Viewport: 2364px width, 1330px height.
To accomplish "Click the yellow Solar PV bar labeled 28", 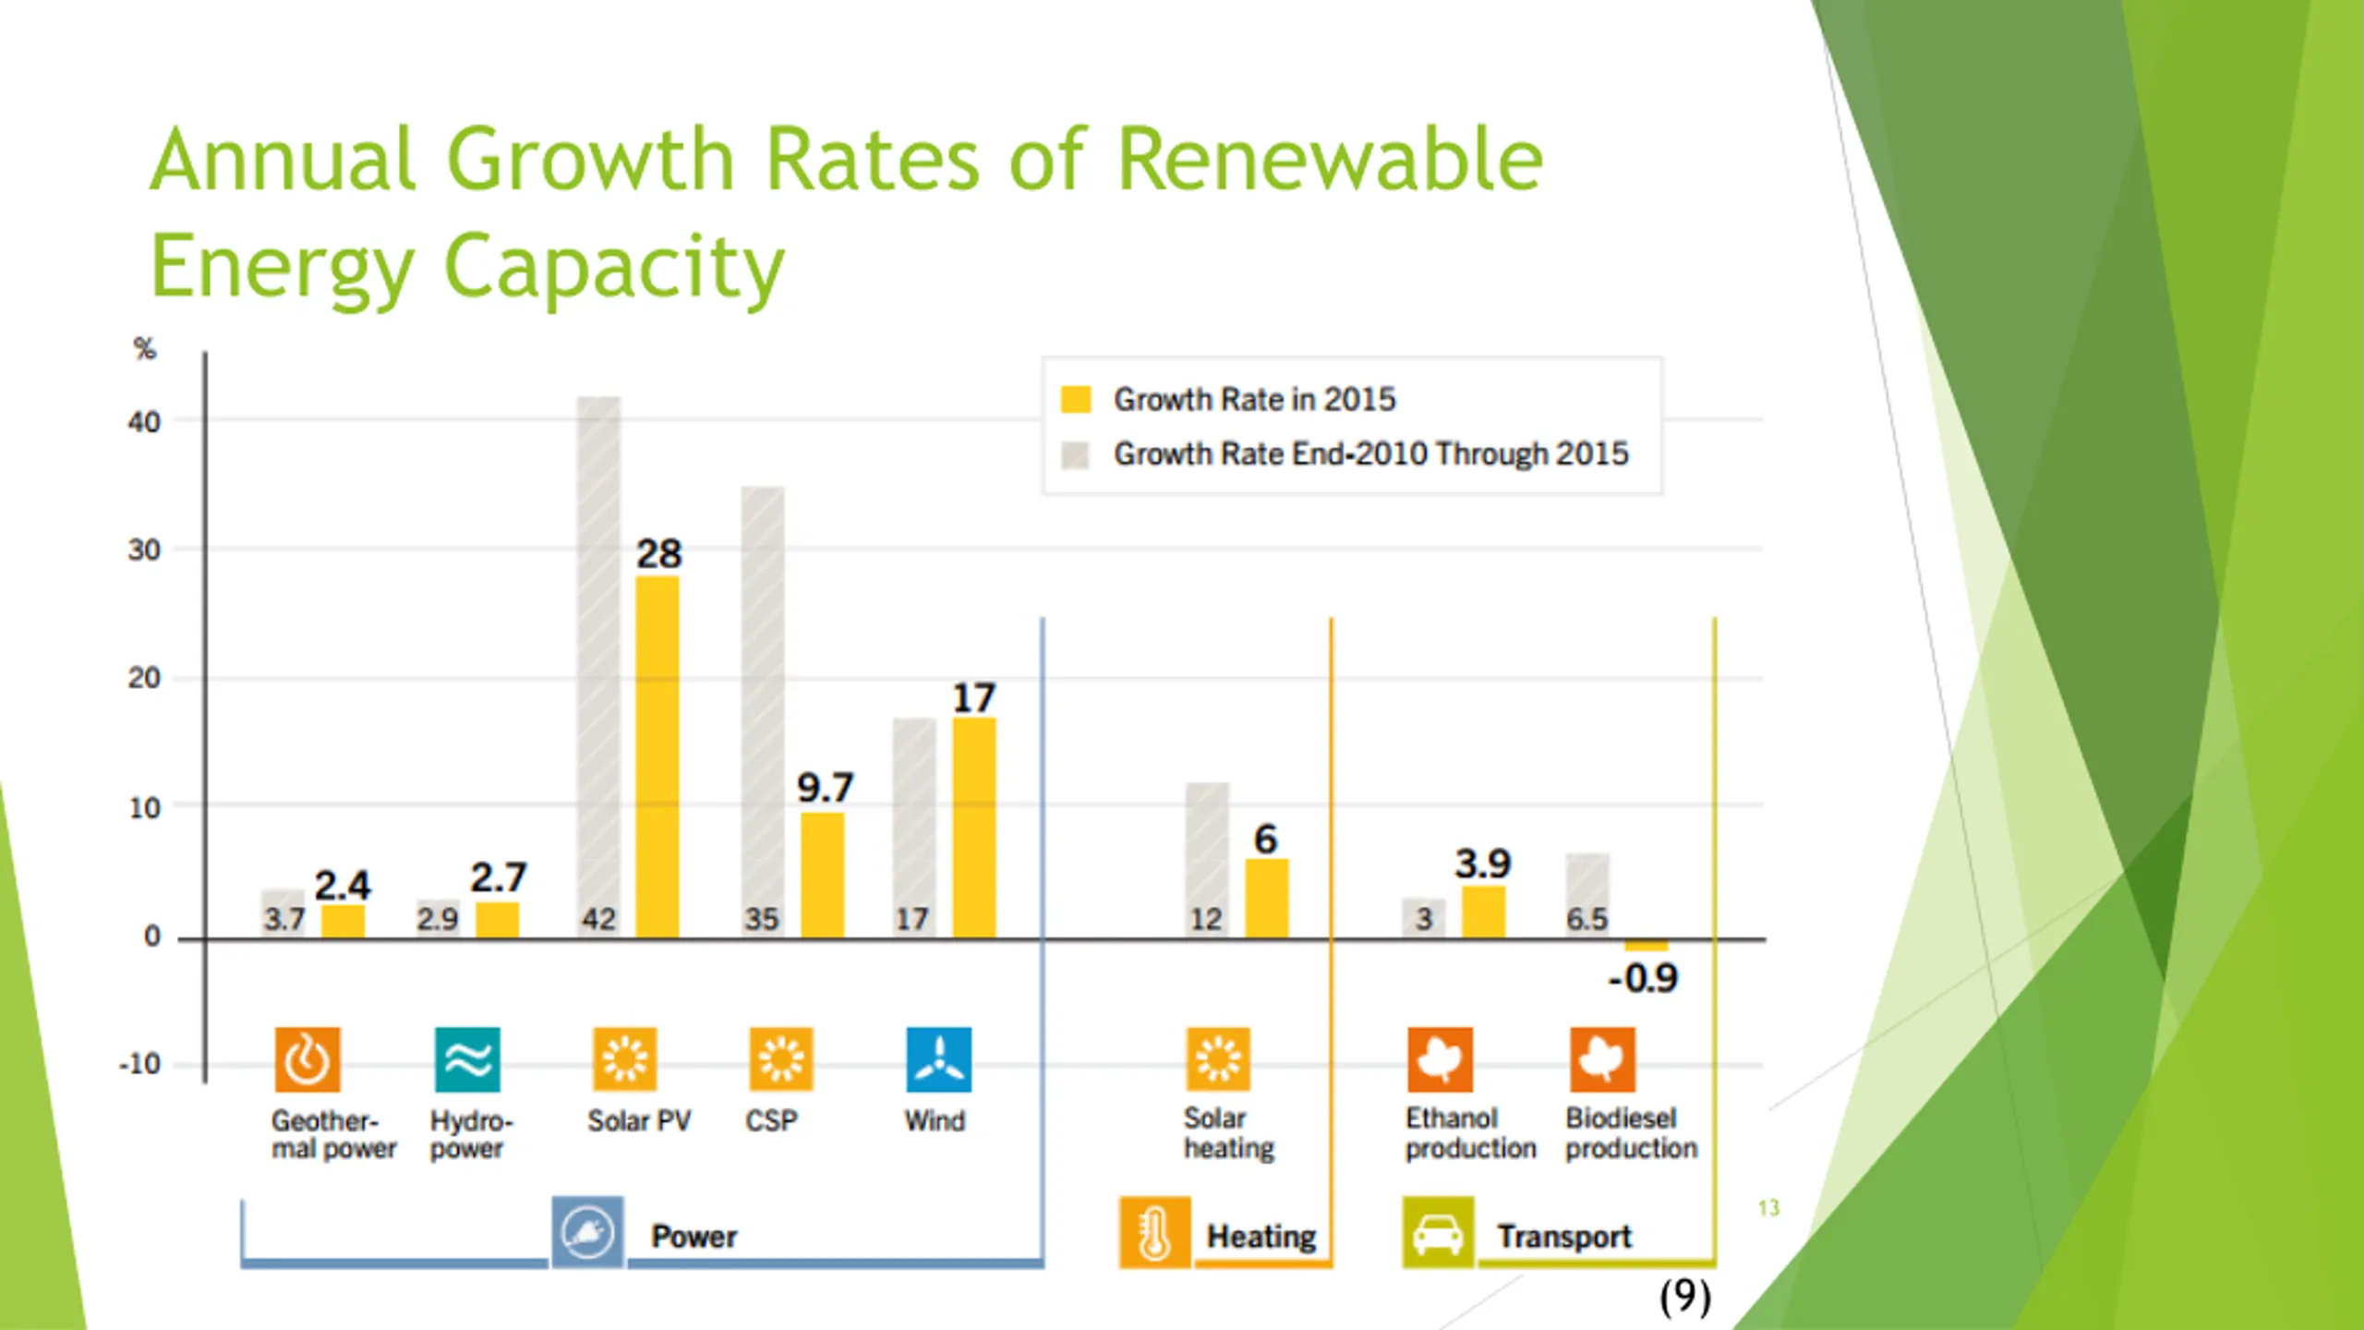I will click(x=657, y=757).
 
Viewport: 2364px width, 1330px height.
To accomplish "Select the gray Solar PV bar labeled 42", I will click(x=599, y=665).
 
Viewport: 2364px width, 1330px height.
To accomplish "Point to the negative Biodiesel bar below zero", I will click(x=1646, y=946).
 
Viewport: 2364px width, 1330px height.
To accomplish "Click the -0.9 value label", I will click(x=1644, y=979).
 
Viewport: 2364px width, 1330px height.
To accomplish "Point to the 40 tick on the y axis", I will click(x=144, y=422).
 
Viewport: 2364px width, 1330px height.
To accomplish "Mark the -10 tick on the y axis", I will click(x=140, y=1064).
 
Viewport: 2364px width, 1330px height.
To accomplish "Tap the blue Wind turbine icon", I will click(x=938, y=1059).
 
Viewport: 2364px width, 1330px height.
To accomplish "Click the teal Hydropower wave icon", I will click(x=467, y=1059).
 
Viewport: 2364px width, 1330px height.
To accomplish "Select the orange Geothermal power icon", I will click(x=308, y=1059).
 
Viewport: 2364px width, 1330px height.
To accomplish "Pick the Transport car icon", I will click(x=1438, y=1233).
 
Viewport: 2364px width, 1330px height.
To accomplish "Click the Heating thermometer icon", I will click(x=1154, y=1233).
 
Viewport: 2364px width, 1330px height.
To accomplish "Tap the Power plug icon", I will click(x=587, y=1233).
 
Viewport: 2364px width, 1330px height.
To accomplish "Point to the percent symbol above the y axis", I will click(x=145, y=349).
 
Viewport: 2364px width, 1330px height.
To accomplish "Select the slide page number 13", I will click(x=1768, y=1208).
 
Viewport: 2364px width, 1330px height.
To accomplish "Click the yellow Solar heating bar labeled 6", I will click(x=1267, y=899).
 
